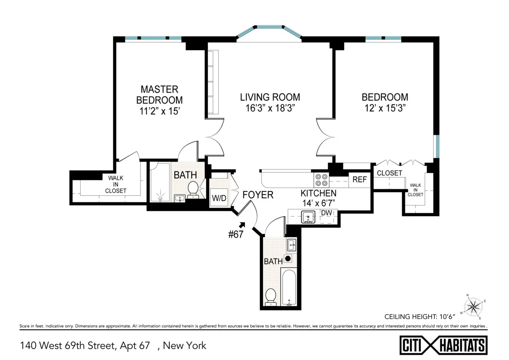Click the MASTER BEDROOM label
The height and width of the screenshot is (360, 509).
[x=159, y=95]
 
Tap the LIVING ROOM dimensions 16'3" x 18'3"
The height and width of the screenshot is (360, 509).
[x=270, y=108]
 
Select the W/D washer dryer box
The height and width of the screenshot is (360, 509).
[x=219, y=198]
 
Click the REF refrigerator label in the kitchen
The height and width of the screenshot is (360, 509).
[x=359, y=180]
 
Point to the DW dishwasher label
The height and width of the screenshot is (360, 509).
[x=326, y=213]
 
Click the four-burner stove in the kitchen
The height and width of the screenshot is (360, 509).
[x=321, y=180]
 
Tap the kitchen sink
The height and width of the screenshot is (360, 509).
[x=308, y=217]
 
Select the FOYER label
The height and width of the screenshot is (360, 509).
[x=258, y=195]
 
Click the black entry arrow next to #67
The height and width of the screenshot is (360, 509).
[x=243, y=225]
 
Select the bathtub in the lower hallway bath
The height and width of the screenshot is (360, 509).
[x=290, y=287]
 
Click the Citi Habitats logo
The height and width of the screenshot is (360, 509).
[x=444, y=344]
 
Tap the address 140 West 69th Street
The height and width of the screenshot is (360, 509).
[x=85, y=346]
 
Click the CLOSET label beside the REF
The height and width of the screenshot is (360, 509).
[x=389, y=173]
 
